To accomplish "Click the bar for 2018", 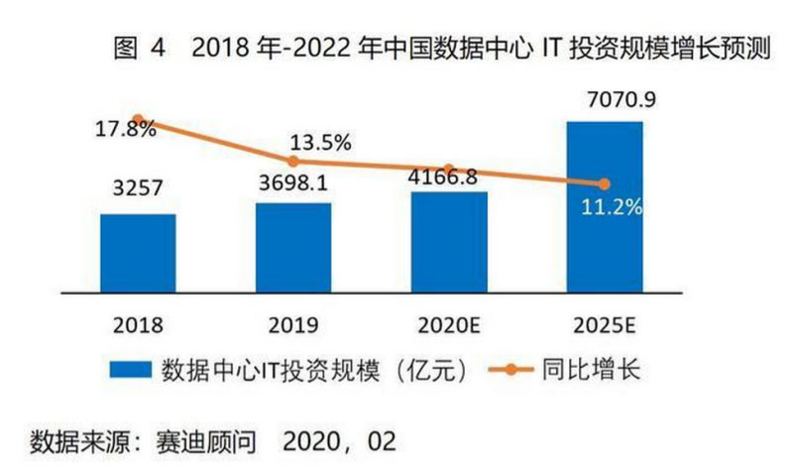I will (x=138, y=252).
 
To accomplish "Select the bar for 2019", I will (x=293, y=247).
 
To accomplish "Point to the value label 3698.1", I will (x=293, y=183).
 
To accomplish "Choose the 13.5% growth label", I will (x=321, y=143).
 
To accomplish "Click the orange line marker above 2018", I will (x=138, y=119).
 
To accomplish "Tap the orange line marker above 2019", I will (x=293, y=161).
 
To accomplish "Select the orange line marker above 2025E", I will (x=605, y=183).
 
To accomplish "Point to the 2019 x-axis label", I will (x=293, y=322).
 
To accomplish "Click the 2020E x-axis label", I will (x=449, y=322).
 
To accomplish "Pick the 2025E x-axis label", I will (x=604, y=322).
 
